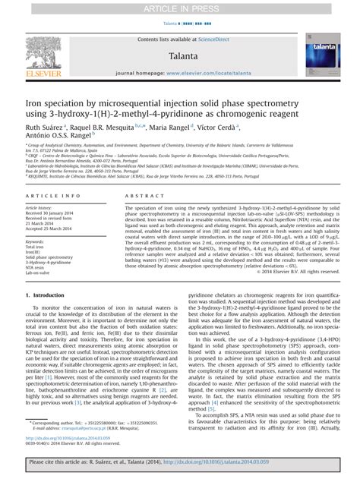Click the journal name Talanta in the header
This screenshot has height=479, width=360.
tap(179, 55)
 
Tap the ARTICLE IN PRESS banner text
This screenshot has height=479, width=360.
tap(181, 9)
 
